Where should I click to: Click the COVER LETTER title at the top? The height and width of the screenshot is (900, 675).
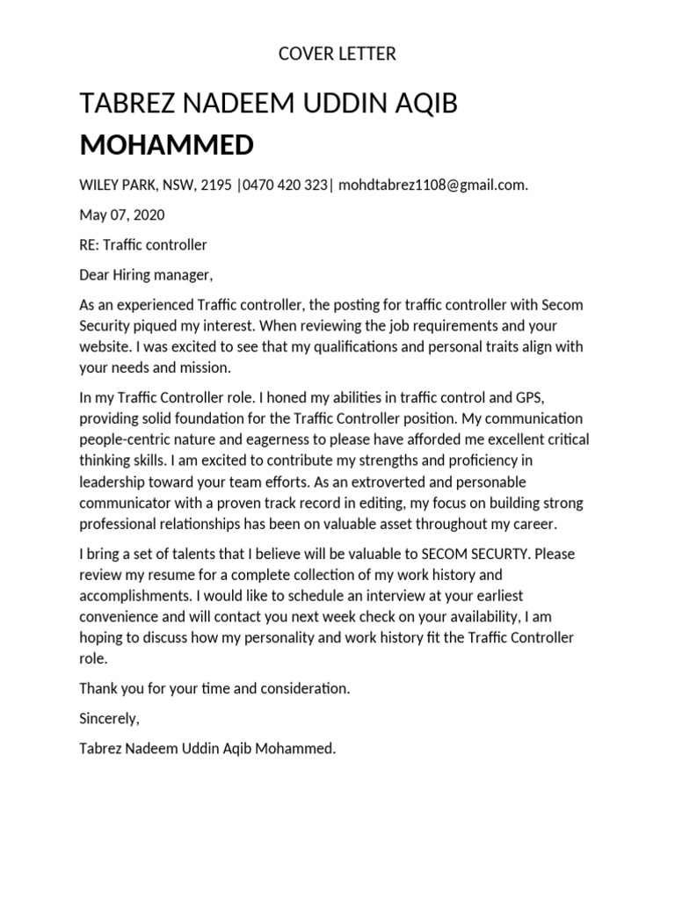coord(337,54)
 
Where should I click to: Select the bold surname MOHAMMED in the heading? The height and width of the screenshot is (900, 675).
coord(166,144)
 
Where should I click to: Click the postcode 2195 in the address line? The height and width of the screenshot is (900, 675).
coord(216,185)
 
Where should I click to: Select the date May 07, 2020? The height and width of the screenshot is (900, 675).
coord(122,214)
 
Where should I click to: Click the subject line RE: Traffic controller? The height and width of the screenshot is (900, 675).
coord(143,244)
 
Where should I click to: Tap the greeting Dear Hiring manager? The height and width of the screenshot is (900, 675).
coord(146,275)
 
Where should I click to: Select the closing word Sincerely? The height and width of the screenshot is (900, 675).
coord(109,718)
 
